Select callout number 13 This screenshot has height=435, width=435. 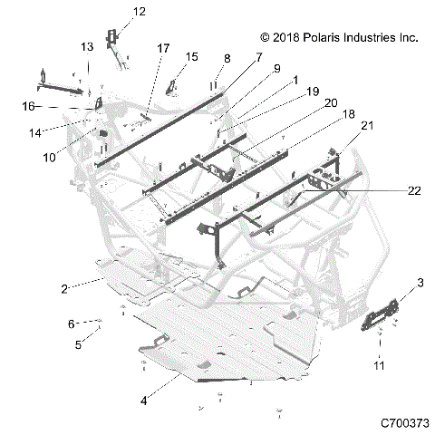87,46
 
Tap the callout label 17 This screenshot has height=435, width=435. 163,47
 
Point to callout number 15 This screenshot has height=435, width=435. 191,57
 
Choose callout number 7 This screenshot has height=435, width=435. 258,56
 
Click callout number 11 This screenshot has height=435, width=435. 381,365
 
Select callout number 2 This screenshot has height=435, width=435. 64,289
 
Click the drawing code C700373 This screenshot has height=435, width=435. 404,422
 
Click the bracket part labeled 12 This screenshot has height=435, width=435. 114,41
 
